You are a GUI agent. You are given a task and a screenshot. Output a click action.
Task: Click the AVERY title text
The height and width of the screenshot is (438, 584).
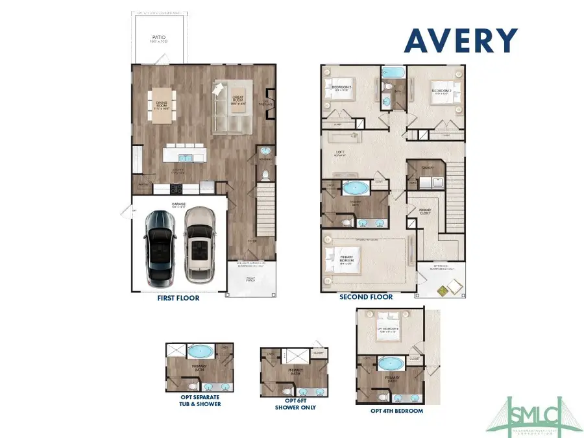click(461, 41)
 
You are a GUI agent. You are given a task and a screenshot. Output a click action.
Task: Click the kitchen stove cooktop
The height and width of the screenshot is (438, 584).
click(175, 189)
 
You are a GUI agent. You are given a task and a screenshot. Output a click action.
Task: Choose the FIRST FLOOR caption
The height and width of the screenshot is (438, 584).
click(178, 298)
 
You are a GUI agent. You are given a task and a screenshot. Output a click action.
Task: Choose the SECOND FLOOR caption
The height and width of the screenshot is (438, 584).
click(366, 297)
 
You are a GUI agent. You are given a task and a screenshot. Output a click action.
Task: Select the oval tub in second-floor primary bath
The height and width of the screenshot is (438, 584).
click(355, 189)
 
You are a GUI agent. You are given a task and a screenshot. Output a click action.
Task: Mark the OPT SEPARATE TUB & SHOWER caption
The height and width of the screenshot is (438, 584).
click(199, 400)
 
